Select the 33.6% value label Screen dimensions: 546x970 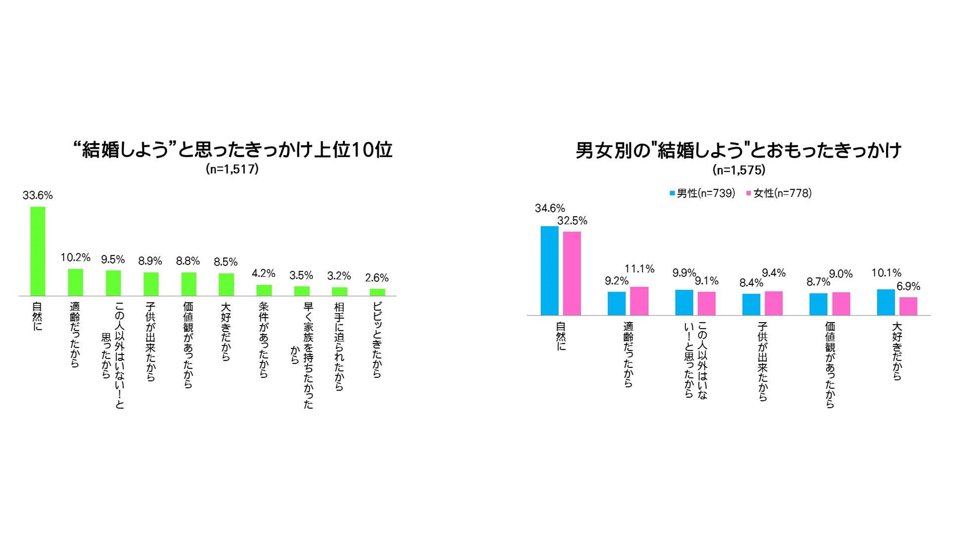pyautogui.click(x=38, y=195)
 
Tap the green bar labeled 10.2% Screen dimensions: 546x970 pyautogui.click(x=75, y=282)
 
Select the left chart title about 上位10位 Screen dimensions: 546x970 pyautogui.click(x=232, y=150)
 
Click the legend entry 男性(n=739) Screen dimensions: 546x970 pyautogui.click(x=702, y=193)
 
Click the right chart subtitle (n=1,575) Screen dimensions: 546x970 pyautogui.click(x=739, y=170)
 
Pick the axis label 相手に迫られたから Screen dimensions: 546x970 pyautogui.click(x=339, y=346)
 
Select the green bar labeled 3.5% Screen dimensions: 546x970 pyautogui.click(x=302, y=291)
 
